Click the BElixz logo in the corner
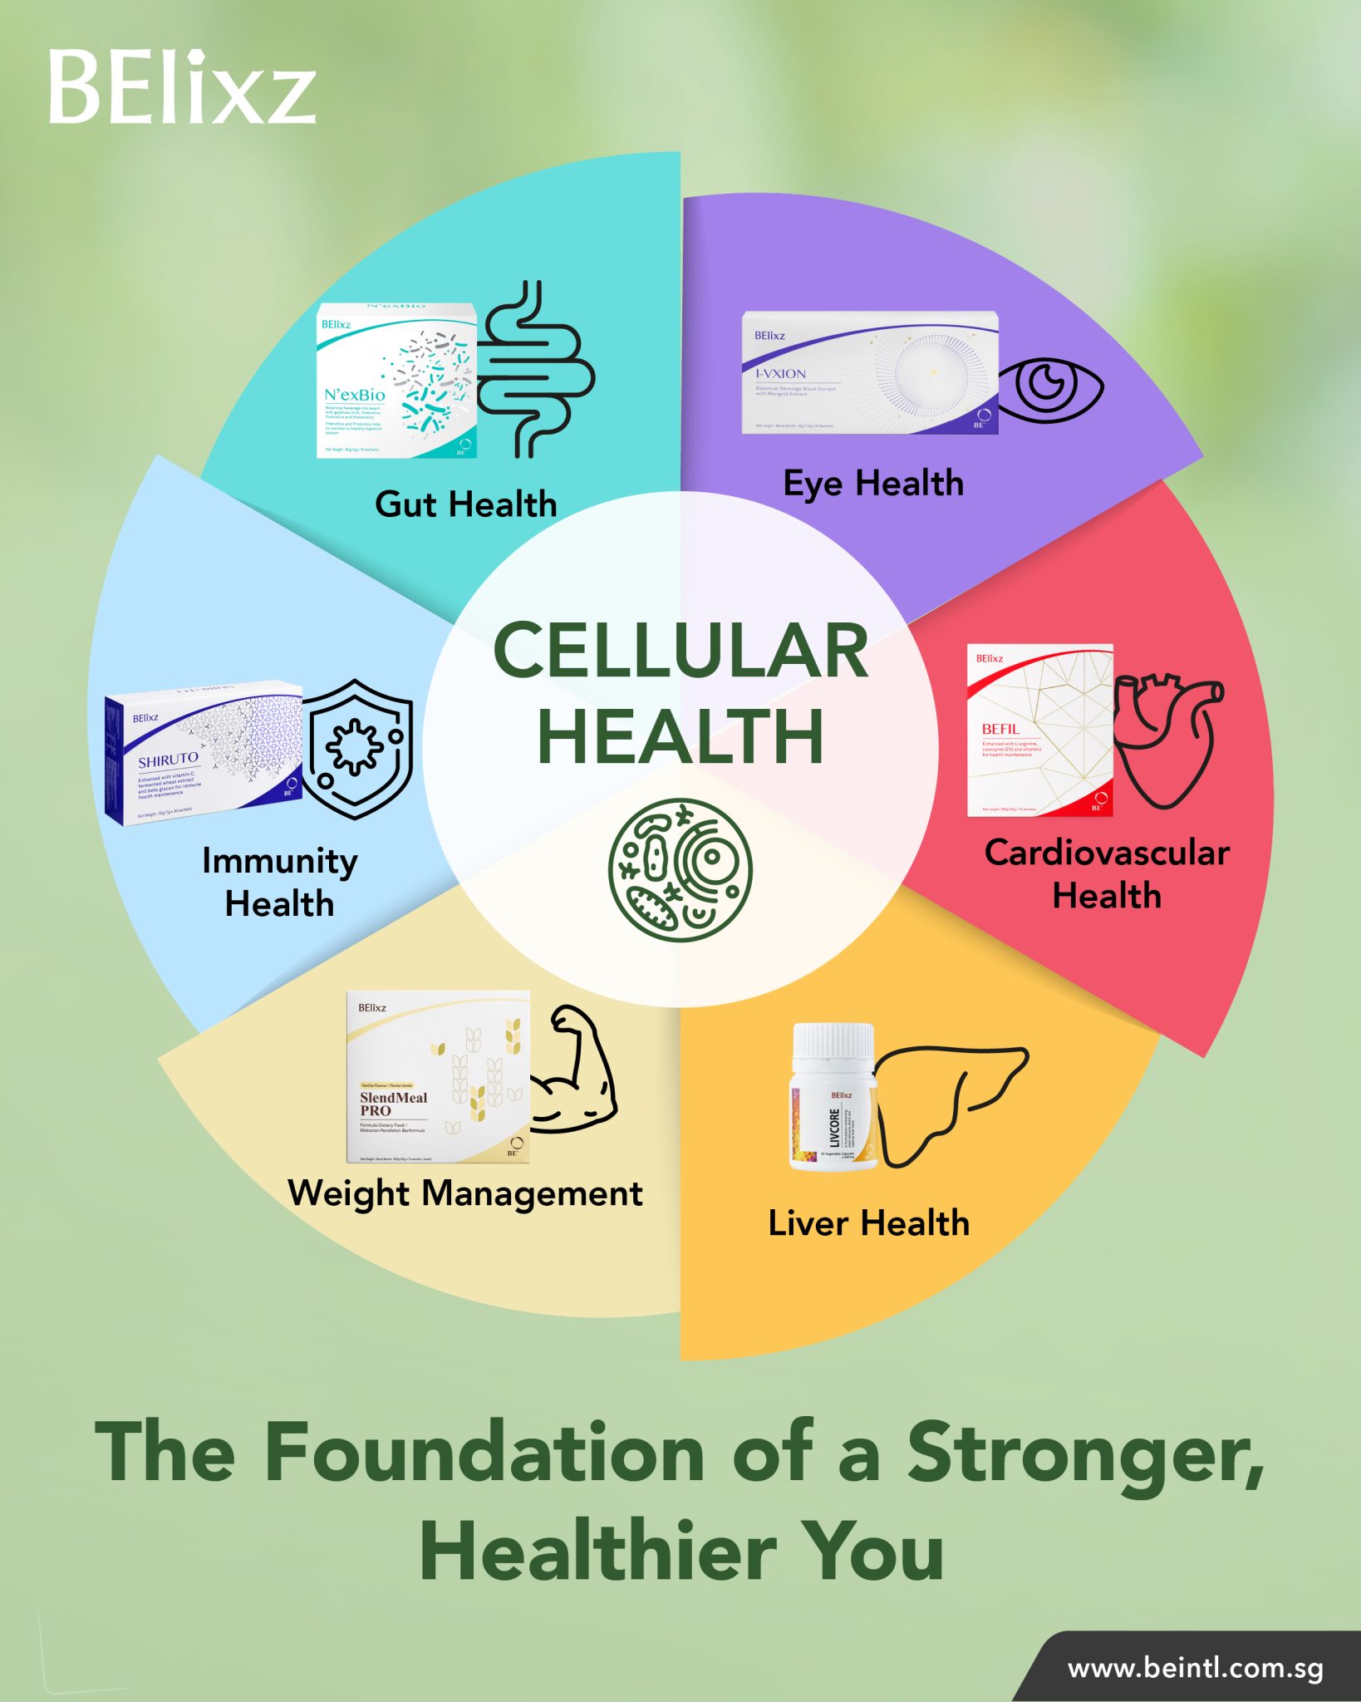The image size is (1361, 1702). [x=182, y=86]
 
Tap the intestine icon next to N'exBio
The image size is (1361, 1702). [x=536, y=371]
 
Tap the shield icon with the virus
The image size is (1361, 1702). [x=357, y=748]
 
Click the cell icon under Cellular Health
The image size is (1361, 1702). [x=680, y=869]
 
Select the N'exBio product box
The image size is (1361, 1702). [x=396, y=381]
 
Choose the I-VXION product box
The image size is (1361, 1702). [x=869, y=373]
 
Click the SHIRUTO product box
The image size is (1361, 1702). [x=203, y=753]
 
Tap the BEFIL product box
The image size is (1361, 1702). [x=1039, y=730]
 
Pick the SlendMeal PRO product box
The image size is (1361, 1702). [x=438, y=1077]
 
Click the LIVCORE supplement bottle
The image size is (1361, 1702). [x=833, y=1097]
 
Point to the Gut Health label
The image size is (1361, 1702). [x=465, y=504]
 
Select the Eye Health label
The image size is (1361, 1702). [x=873, y=484]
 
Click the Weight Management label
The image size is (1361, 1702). [x=464, y=1193]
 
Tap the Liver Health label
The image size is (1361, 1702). [x=868, y=1223]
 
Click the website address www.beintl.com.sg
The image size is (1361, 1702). [x=1195, y=1668]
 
